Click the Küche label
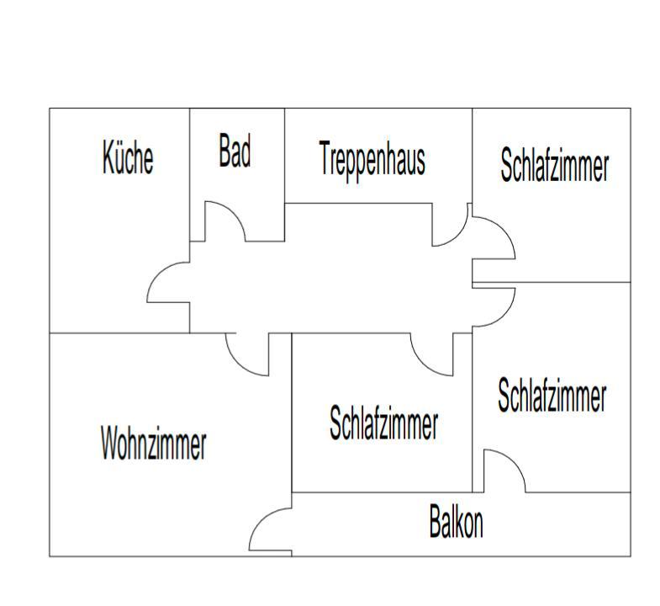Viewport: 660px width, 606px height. click(x=128, y=157)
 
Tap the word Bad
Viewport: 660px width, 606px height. click(x=235, y=151)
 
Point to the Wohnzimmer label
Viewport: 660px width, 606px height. click(x=154, y=443)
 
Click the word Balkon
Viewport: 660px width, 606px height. click(x=456, y=521)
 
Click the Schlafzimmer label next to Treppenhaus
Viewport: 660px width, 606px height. click(x=554, y=164)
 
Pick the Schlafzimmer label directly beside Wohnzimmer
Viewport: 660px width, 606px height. click(x=383, y=423)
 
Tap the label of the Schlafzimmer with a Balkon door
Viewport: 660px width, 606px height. click(x=552, y=395)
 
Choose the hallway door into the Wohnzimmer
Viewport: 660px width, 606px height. click(x=238, y=364)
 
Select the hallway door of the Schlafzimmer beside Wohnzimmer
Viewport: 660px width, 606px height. click(x=423, y=364)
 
